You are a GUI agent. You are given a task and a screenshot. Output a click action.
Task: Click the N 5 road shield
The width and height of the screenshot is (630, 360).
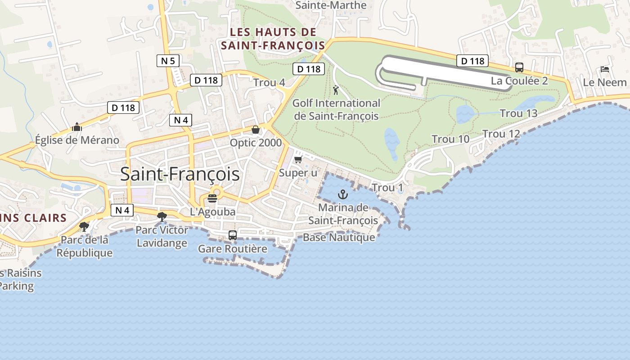tap(168, 60)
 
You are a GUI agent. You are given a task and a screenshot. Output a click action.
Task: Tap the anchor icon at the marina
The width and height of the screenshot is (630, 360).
tap(343, 195)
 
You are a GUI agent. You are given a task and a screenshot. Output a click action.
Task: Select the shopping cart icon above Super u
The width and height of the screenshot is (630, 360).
tap(297, 160)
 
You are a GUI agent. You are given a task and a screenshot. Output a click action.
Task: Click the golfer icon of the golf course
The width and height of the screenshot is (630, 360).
tap(335, 90)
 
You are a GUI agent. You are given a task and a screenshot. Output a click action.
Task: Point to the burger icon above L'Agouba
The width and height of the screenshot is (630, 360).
tap(212, 198)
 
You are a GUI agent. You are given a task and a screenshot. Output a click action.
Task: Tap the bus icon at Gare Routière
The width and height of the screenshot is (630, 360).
tap(232, 235)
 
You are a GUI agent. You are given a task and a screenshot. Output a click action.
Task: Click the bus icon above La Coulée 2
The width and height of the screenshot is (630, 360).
tap(519, 67)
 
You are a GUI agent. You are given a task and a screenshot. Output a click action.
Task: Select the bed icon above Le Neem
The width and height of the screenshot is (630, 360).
tap(605, 69)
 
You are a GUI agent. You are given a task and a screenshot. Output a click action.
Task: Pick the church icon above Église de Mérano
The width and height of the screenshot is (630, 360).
tap(77, 127)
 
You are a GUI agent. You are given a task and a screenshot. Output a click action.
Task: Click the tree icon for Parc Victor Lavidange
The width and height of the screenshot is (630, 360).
tap(162, 217)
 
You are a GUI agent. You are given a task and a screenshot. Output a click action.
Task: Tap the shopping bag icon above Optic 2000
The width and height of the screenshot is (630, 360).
tap(256, 130)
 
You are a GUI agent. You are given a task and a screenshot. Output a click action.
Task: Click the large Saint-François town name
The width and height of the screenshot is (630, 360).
tap(180, 174)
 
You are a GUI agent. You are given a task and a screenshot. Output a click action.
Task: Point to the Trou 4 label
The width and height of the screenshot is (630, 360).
tap(269, 82)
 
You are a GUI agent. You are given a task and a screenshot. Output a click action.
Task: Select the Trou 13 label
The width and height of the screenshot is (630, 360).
tap(518, 113)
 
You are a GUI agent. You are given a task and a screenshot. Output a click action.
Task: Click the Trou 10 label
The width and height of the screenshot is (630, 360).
tap(450, 139)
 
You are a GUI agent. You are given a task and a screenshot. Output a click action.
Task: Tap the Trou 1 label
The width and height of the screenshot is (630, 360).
tap(387, 187)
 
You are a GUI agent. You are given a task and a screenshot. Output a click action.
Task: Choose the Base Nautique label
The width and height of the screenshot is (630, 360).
tap(338, 237)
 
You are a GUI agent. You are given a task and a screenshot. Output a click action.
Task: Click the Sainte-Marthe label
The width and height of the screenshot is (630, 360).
tap(331, 5)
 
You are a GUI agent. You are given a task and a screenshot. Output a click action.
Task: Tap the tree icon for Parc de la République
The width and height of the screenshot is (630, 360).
tap(84, 226)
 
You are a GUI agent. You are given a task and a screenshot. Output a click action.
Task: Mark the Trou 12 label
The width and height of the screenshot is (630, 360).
tap(501, 134)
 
